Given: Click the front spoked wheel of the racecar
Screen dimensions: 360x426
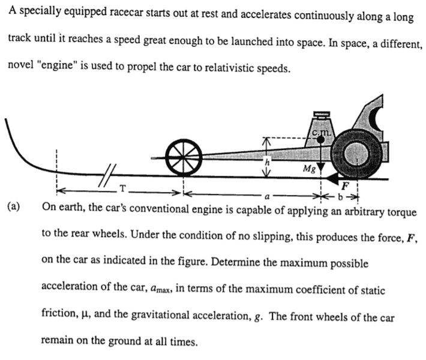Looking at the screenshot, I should [185, 157].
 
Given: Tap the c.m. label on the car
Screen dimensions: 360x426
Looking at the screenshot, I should [320, 131].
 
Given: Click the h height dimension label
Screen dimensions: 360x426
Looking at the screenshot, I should [268, 161].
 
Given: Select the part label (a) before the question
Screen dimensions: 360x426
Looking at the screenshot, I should [13, 206].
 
